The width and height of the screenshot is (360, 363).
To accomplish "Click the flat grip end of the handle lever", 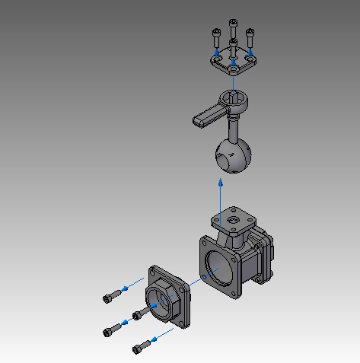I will (x=205, y=117).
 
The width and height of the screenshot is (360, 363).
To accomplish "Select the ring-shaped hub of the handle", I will (x=233, y=98).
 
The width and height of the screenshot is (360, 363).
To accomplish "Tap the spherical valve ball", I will (x=234, y=156).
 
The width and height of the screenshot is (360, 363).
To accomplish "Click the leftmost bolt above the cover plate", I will (x=216, y=36).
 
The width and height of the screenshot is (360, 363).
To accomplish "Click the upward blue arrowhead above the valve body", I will (x=221, y=183).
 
